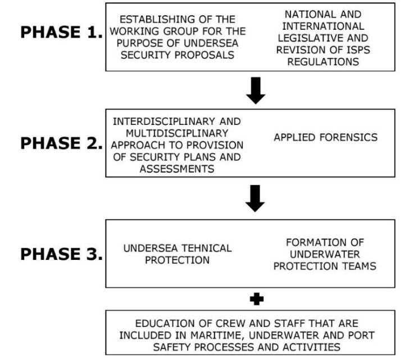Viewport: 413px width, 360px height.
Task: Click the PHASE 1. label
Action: click(x=61, y=32)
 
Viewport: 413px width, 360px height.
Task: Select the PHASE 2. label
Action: click(x=61, y=143)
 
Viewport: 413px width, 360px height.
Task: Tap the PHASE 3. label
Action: click(x=61, y=254)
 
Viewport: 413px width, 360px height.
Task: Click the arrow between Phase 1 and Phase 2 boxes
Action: click(x=256, y=91)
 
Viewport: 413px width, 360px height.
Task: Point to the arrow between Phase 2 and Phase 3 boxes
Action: click(x=255, y=199)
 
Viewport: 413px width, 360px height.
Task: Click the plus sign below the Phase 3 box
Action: click(x=257, y=299)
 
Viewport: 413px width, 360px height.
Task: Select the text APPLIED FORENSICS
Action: click(x=325, y=137)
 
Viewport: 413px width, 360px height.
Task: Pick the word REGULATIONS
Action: click(x=323, y=62)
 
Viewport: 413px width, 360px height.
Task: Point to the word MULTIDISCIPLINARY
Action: click(x=177, y=133)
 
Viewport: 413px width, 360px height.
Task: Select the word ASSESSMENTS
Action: click(x=177, y=169)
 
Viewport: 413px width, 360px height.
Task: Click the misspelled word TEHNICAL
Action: click(x=207, y=248)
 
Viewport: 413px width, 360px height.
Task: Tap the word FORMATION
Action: click(x=315, y=242)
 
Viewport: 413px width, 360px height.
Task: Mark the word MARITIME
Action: click(x=218, y=335)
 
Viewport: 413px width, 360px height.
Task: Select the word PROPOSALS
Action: click(x=205, y=55)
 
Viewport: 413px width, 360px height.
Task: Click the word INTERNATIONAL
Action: click(x=323, y=26)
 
